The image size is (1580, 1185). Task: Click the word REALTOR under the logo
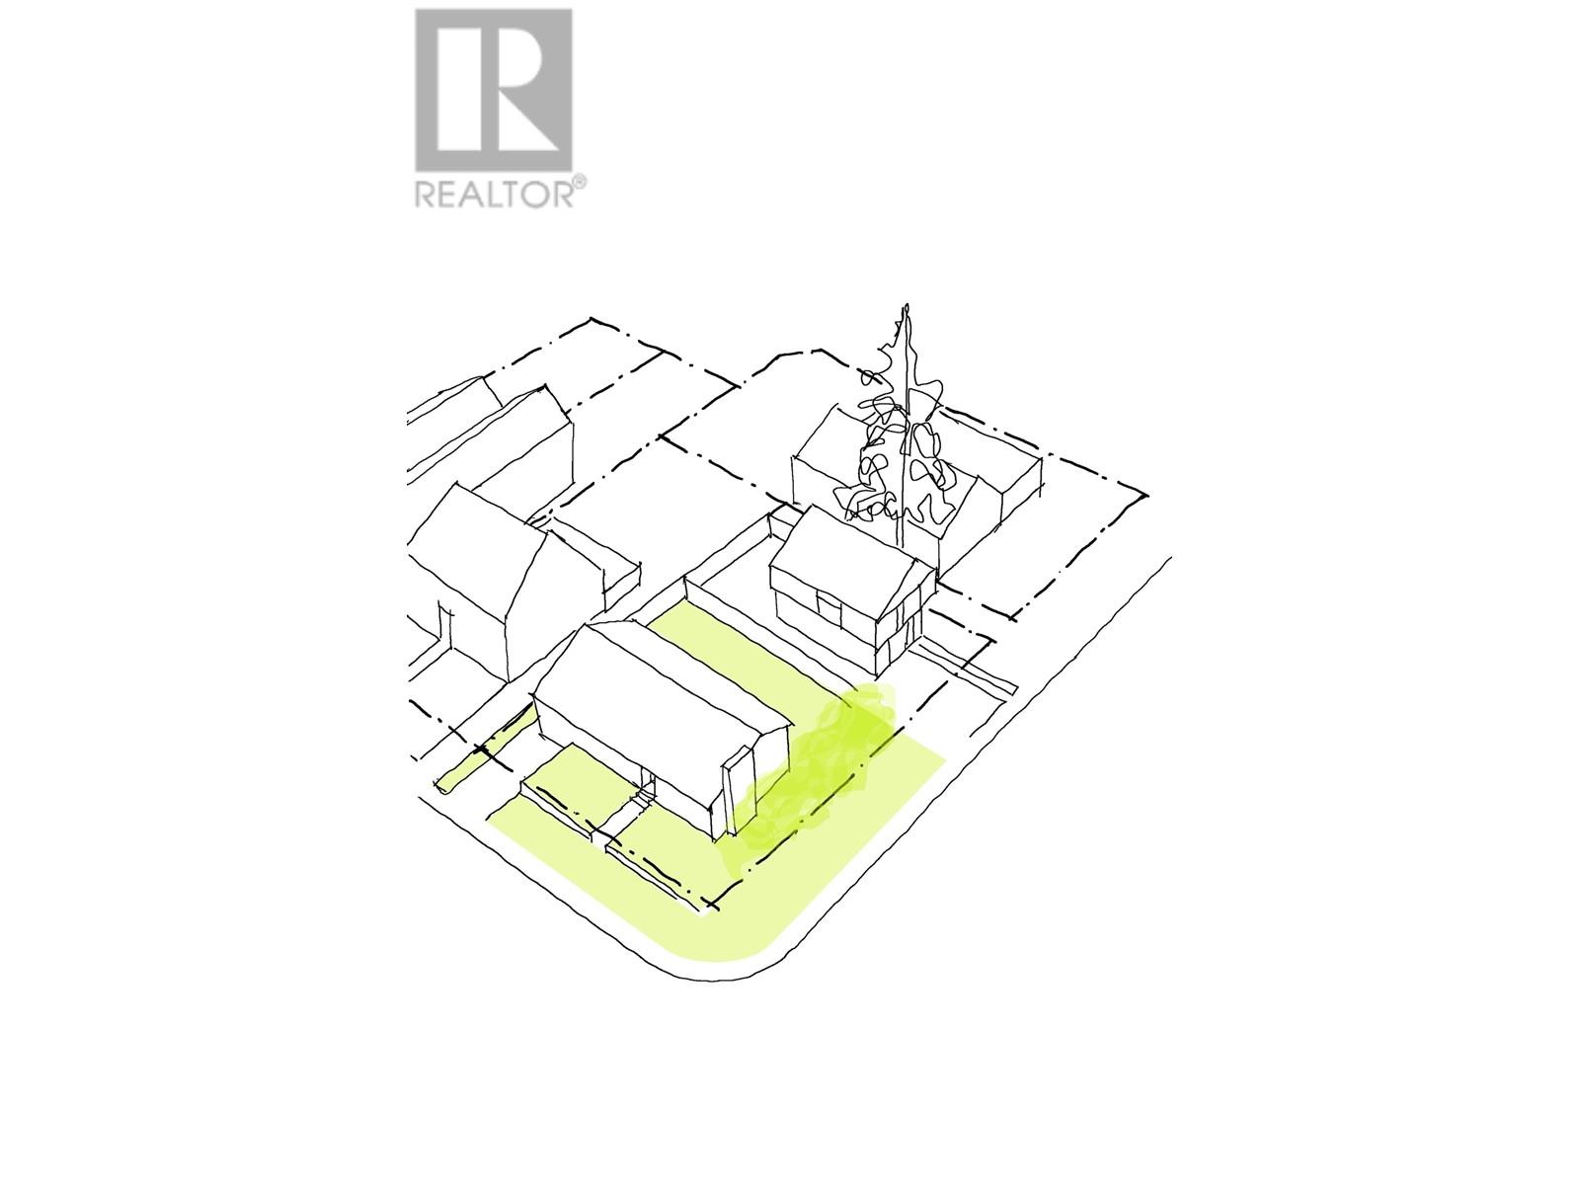point(495,194)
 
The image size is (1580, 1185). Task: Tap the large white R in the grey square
point(497,90)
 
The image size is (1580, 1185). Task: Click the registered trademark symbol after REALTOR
point(580,183)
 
